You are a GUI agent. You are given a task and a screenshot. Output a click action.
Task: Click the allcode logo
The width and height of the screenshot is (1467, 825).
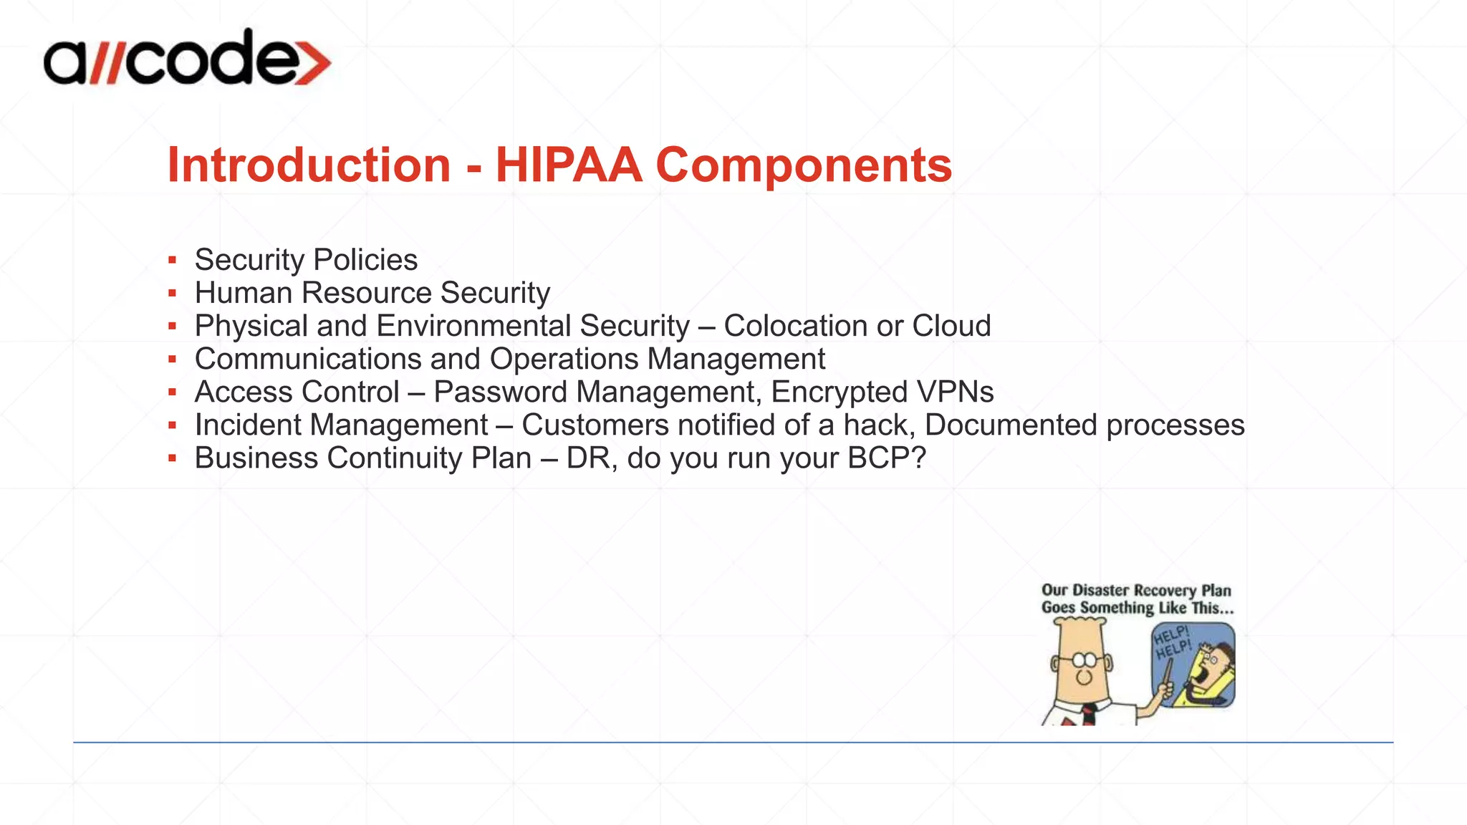click(x=186, y=59)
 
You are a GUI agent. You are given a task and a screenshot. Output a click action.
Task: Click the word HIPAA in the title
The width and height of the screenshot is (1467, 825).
click(x=569, y=165)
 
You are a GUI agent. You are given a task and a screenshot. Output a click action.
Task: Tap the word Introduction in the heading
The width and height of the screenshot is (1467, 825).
click(x=309, y=165)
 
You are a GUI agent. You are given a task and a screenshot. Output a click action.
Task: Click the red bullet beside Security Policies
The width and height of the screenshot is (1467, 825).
click(x=172, y=260)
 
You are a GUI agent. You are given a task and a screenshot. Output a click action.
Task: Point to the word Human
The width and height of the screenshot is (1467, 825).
click(x=244, y=293)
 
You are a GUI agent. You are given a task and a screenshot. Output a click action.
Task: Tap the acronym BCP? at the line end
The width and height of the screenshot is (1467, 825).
click(x=887, y=458)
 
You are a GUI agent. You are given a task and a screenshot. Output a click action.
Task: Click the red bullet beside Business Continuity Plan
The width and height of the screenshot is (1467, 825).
click(x=172, y=458)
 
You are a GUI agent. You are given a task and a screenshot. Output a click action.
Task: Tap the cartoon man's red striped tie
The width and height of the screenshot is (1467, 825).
click(x=1089, y=714)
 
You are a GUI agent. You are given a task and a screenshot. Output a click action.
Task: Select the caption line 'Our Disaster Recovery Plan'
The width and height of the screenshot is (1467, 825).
click(x=1136, y=591)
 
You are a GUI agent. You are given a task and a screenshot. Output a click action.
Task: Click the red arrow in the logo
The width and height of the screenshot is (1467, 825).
click(x=312, y=62)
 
